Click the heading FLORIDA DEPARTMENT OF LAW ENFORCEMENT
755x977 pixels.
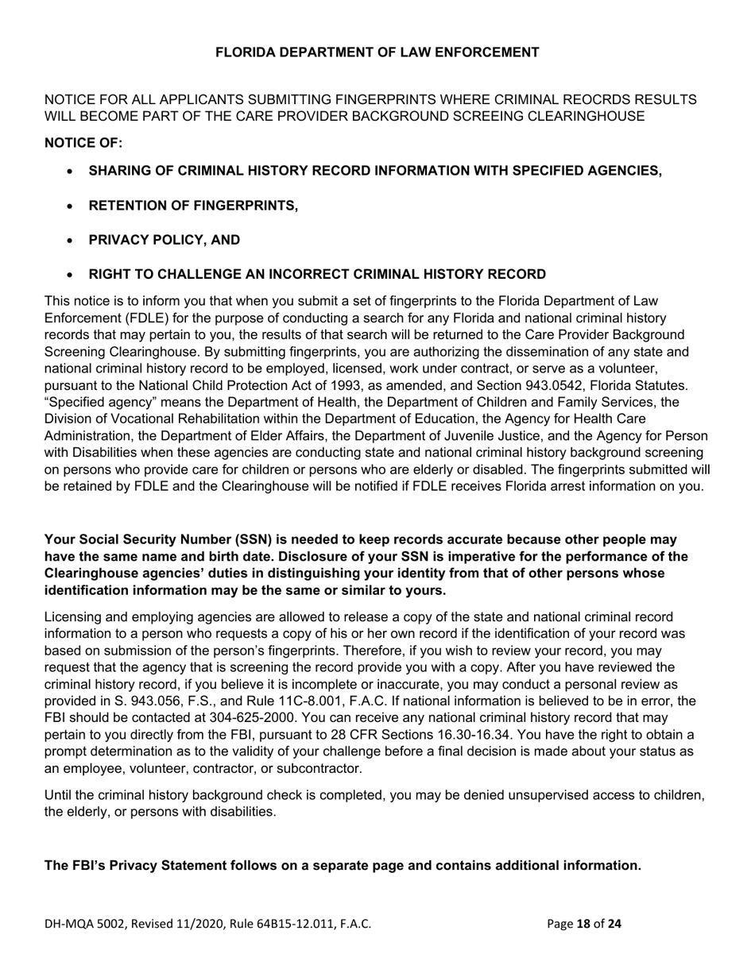[x=377, y=52]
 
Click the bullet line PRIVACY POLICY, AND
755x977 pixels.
[x=164, y=240]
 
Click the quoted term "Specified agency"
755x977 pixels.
[x=96, y=402]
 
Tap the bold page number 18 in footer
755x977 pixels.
[x=584, y=924]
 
